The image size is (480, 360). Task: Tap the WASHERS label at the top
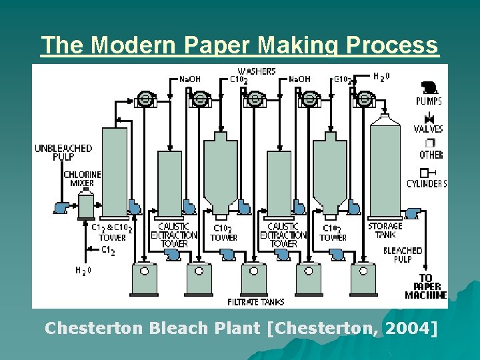coord(257,71)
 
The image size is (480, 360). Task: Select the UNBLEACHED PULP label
coord(63,152)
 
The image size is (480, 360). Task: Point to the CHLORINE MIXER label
coord(82,179)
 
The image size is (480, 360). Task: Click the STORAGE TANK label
coord(385,231)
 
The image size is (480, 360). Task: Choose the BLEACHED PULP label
coord(403,255)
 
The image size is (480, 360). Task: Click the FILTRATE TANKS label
coord(256,302)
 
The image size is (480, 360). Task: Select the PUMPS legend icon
coord(427,87)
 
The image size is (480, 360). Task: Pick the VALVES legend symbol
coord(428,118)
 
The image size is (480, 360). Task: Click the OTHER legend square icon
coord(430,143)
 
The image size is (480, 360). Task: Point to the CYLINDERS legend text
coord(427,184)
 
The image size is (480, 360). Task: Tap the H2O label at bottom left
coord(83,271)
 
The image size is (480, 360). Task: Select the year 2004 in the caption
coord(412,328)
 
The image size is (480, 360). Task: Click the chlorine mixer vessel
coord(86,203)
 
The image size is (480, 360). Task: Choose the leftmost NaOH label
coord(189,79)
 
